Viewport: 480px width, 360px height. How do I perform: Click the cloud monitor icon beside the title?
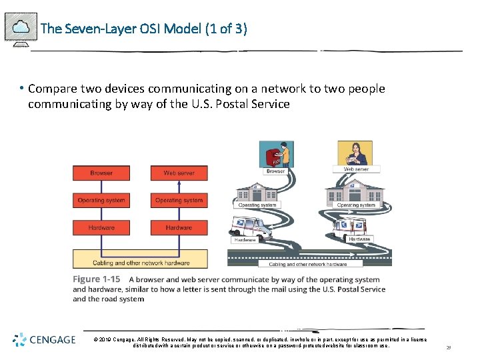pos(21,28)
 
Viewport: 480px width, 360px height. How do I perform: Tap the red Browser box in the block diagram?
pos(101,173)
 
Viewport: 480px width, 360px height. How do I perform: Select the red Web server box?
pos(179,173)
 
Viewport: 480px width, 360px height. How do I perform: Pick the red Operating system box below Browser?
pos(101,200)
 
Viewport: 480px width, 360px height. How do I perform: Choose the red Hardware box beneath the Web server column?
pos(179,228)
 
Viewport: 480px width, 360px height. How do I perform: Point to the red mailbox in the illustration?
pos(272,158)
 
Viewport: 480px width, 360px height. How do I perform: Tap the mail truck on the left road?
pos(254,227)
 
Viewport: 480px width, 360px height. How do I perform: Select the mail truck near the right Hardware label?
pos(344,228)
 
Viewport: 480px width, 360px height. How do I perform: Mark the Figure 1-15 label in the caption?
pos(97,279)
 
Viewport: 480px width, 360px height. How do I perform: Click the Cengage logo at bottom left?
pos(45,340)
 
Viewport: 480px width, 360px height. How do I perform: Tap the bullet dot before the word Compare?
pos(22,89)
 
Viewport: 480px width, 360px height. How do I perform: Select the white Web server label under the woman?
pos(356,169)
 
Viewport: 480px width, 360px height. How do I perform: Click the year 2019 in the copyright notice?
pos(105,339)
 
